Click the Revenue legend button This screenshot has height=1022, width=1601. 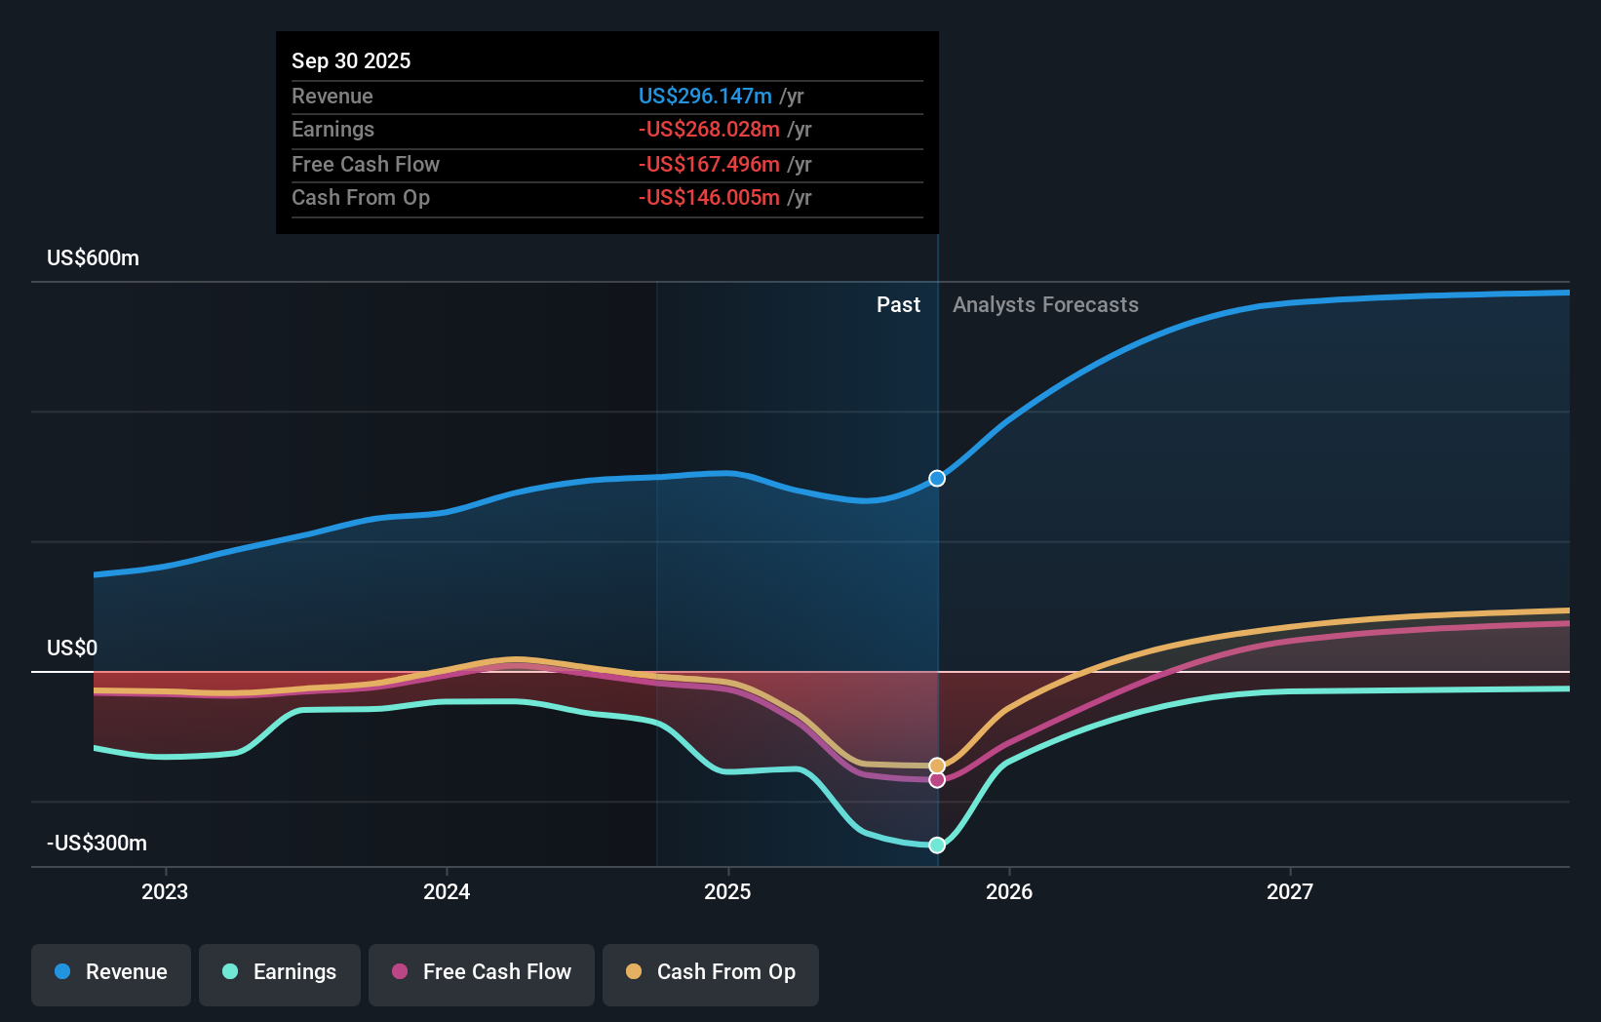click(x=111, y=973)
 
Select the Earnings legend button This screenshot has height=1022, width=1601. click(x=280, y=973)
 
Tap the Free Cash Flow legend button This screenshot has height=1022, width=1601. click(x=482, y=973)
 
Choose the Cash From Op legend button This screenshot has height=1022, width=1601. click(x=711, y=973)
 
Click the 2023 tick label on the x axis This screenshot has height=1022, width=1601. click(x=165, y=892)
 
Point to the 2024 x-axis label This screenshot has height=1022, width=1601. click(x=447, y=892)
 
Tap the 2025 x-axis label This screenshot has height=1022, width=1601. click(x=727, y=892)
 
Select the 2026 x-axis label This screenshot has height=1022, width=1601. click(x=1009, y=892)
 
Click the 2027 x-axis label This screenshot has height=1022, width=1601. click(x=1290, y=892)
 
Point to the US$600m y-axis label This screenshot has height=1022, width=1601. click(x=93, y=258)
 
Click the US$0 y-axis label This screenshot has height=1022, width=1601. click(x=72, y=649)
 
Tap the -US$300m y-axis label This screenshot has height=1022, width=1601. click(x=97, y=844)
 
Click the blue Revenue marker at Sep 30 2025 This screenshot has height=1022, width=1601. click(x=937, y=479)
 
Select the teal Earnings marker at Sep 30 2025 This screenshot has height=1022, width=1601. click(x=937, y=845)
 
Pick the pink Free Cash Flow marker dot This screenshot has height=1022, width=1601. click(x=937, y=780)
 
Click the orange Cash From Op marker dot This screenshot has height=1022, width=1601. click(x=937, y=766)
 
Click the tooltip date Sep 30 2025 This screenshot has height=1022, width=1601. click(x=351, y=61)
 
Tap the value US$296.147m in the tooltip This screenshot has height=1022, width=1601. click(x=705, y=97)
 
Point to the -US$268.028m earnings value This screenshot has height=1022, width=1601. click(x=709, y=130)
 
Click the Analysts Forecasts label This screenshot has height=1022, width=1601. click(x=1045, y=305)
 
